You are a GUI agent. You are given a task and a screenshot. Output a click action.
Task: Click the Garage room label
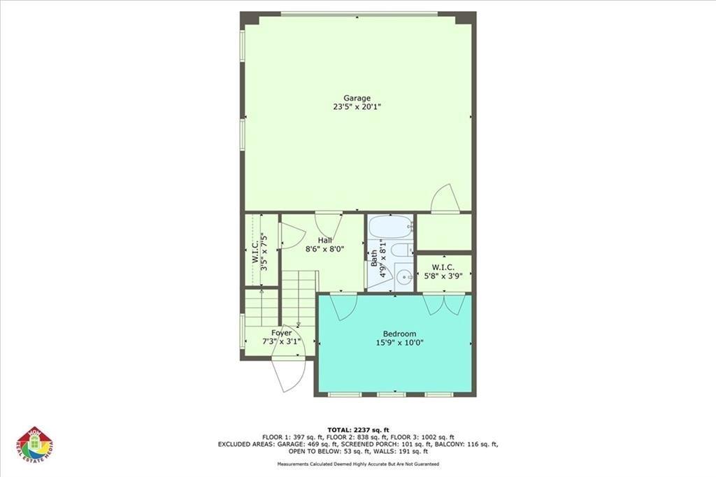(357, 98)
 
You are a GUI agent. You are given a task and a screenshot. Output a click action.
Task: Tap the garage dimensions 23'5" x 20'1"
(357, 107)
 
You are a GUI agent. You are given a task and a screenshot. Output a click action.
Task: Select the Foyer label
(281, 333)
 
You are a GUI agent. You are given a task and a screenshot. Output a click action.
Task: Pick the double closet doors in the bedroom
(444, 304)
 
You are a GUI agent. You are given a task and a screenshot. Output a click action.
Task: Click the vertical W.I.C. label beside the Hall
(256, 250)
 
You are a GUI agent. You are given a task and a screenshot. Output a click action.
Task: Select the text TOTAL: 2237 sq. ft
(357, 429)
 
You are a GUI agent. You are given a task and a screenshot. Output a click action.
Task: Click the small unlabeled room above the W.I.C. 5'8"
(443, 232)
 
